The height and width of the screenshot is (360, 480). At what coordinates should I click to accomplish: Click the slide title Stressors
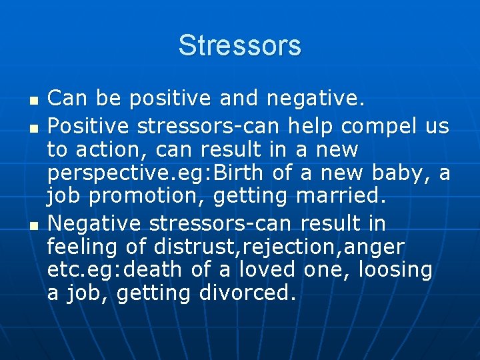[240, 46]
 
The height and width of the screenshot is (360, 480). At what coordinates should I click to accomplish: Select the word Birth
[237, 173]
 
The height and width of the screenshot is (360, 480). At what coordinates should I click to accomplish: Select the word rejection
[289, 247]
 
